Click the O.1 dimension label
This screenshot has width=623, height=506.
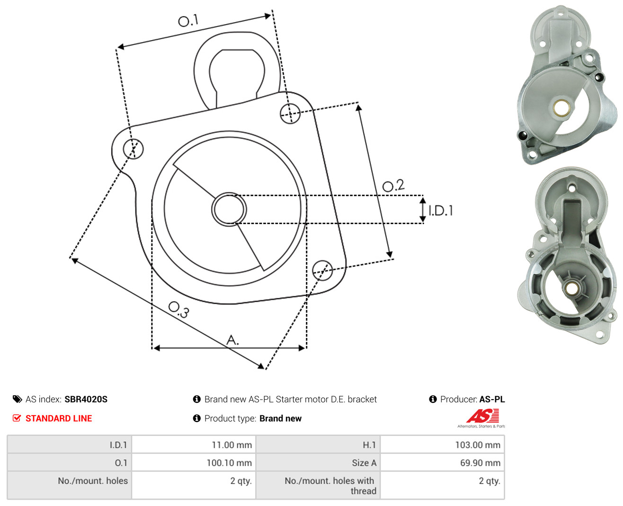188,20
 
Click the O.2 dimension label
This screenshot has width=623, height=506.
393,186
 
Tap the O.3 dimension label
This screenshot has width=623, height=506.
179,310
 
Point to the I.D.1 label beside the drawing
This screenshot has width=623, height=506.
441,210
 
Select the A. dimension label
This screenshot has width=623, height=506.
232,340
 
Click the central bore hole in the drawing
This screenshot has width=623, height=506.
229,209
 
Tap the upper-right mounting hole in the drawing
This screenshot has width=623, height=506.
290,113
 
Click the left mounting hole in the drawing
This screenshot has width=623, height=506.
133,148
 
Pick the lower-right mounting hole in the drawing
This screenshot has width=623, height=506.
322,270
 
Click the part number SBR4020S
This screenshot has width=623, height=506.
86,400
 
